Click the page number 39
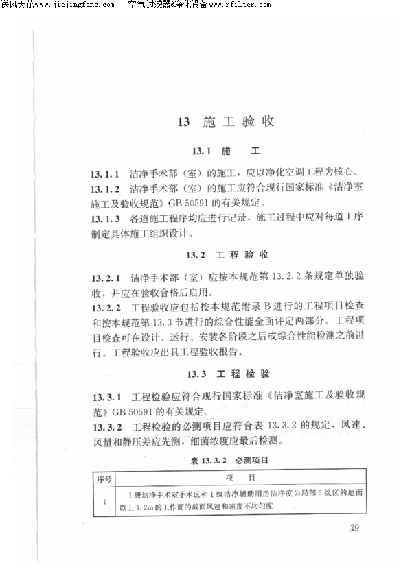pyautogui.click(x=354, y=527)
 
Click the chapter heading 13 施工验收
pyautogui.click(x=226, y=123)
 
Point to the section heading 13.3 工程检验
pyautogui.click(x=227, y=374)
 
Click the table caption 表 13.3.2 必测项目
pyautogui.click(x=227, y=459)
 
